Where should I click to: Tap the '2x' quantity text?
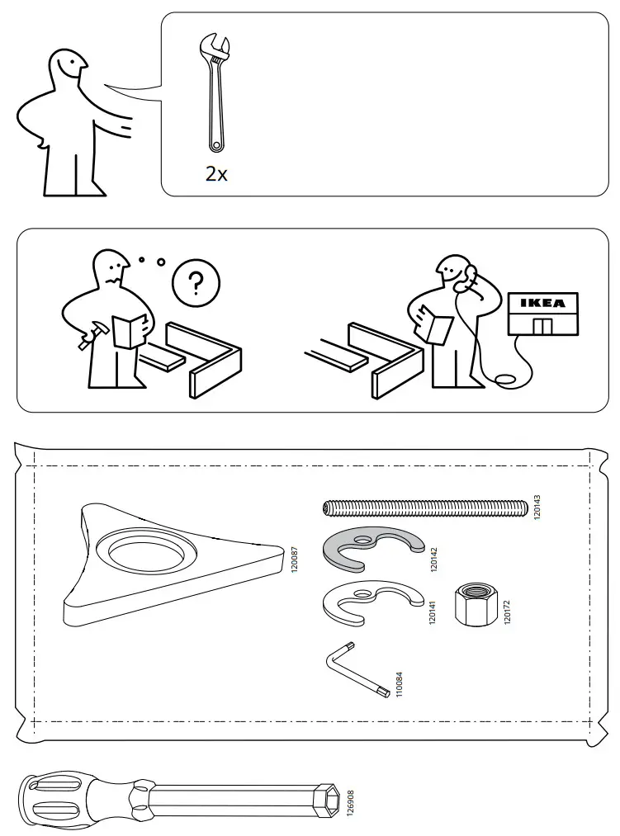(x=216, y=175)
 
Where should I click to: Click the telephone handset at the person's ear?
(x=471, y=276)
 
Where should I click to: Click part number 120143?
(x=537, y=507)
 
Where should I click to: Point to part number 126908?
(x=350, y=801)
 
